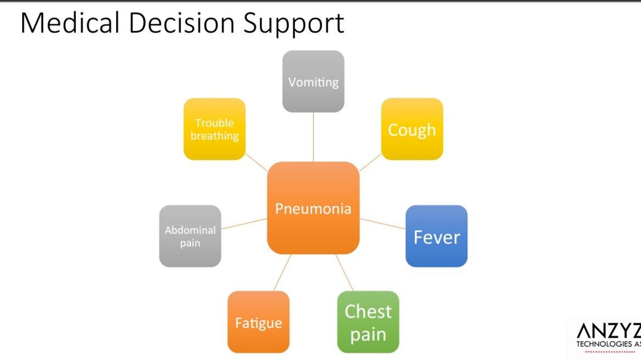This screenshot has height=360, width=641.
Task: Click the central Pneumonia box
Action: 313,208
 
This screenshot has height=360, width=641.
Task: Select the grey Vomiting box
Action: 313,82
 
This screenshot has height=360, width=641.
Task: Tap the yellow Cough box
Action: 412,129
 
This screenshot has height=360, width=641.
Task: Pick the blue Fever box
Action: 436,236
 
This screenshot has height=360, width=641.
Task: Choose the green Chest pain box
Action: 368,322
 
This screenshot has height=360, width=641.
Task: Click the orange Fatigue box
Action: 258,322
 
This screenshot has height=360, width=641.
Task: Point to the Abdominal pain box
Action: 190,236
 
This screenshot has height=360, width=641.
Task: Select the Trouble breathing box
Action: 215,129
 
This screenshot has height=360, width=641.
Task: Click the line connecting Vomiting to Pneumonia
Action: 313,137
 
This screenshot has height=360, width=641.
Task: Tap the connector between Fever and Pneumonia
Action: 383,224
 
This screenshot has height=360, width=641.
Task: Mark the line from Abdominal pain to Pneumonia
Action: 244,224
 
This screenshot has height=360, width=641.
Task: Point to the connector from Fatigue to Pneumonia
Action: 282,273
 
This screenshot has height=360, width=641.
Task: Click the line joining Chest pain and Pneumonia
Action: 344,273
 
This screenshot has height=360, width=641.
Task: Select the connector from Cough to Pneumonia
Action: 370,162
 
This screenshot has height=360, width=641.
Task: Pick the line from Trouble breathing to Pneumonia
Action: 256,162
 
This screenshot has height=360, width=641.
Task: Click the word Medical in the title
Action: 70,23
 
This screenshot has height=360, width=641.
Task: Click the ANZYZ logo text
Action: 608,331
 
